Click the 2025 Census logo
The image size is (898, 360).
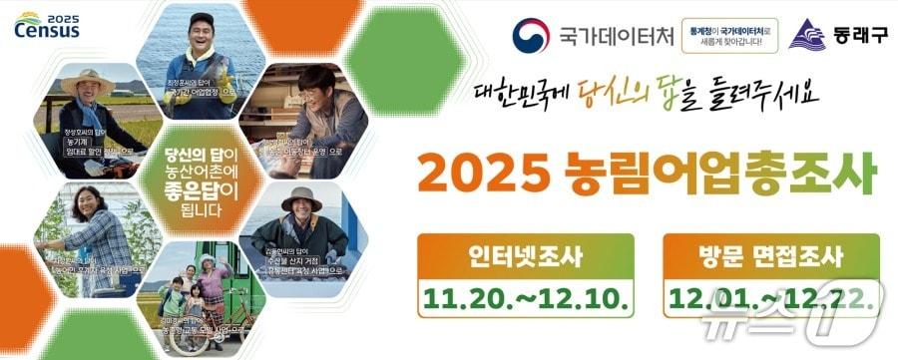click(x=47, y=25)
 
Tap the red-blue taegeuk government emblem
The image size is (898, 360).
click(x=531, y=36)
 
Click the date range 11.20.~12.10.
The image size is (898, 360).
click(x=526, y=295)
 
